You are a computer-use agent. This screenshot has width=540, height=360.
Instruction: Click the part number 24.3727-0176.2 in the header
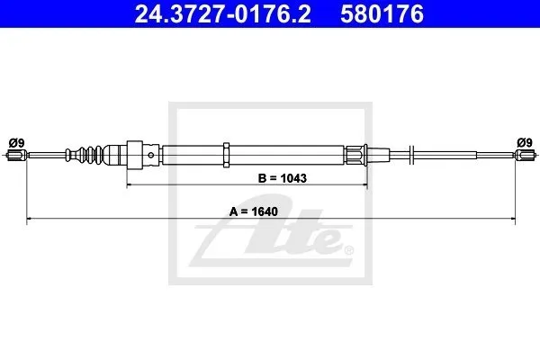(x=222, y=14)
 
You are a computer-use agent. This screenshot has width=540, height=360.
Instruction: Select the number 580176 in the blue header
(x=382, y=14)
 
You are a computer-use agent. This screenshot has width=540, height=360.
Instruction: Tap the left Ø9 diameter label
(x=17, y=142)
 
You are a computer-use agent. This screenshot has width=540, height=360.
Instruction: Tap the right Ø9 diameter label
(x=525, y=142)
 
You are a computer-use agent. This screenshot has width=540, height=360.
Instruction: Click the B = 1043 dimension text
(x=282, y=178)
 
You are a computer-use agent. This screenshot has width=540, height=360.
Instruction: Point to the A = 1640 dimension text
(x=254, y=211)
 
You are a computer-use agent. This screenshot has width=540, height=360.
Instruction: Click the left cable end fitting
(x=16, y=156)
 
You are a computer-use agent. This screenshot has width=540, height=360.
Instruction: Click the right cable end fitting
(x=526, y=155)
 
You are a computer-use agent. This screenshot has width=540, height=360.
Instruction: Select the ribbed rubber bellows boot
(x=85, y=155)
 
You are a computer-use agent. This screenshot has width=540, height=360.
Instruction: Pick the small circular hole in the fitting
(x=151, y=155)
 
